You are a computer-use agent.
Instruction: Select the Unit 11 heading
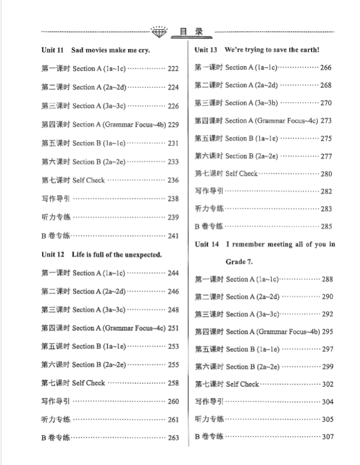point(96,50)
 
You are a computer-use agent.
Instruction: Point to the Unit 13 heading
point(257,50)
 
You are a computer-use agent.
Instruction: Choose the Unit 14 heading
point(265,244)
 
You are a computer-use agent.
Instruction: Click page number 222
point(173,68)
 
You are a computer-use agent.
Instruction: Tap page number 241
point(173,236)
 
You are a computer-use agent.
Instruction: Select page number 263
point(173,438)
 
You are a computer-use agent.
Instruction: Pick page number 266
point(326,68)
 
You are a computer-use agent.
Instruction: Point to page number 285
point(326,226)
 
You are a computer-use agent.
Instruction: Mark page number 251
point(173,328)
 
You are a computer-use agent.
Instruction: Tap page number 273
point(326,120)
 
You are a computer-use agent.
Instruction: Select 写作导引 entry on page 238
point(56,199)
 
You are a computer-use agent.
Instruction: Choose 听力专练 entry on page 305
point(209,419)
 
